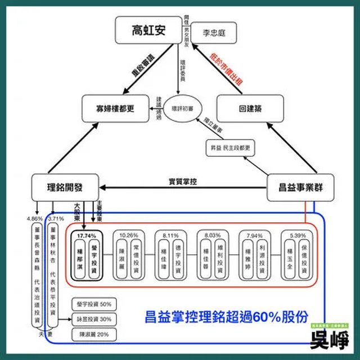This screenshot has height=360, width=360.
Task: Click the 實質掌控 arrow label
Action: [183, 181]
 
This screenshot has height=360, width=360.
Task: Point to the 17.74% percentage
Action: [86, 233]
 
